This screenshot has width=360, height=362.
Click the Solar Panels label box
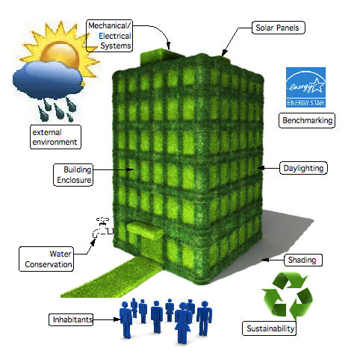279,28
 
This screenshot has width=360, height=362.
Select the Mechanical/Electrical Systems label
109,36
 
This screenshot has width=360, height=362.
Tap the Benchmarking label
307,121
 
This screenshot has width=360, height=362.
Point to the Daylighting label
303,168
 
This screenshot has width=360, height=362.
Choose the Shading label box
303,260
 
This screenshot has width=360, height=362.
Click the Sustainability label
269,328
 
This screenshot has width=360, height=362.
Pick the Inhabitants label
71,319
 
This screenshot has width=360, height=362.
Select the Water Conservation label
46,259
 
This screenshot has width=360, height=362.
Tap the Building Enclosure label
73,175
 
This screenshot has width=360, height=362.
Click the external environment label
55,137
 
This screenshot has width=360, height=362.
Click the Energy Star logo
305,87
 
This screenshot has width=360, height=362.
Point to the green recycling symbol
287,296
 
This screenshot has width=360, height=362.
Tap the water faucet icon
102,228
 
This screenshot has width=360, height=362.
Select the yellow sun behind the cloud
62,50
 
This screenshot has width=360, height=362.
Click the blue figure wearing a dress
183,323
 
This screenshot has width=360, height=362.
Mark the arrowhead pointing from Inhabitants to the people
116,319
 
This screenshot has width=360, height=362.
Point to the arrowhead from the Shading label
265,260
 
